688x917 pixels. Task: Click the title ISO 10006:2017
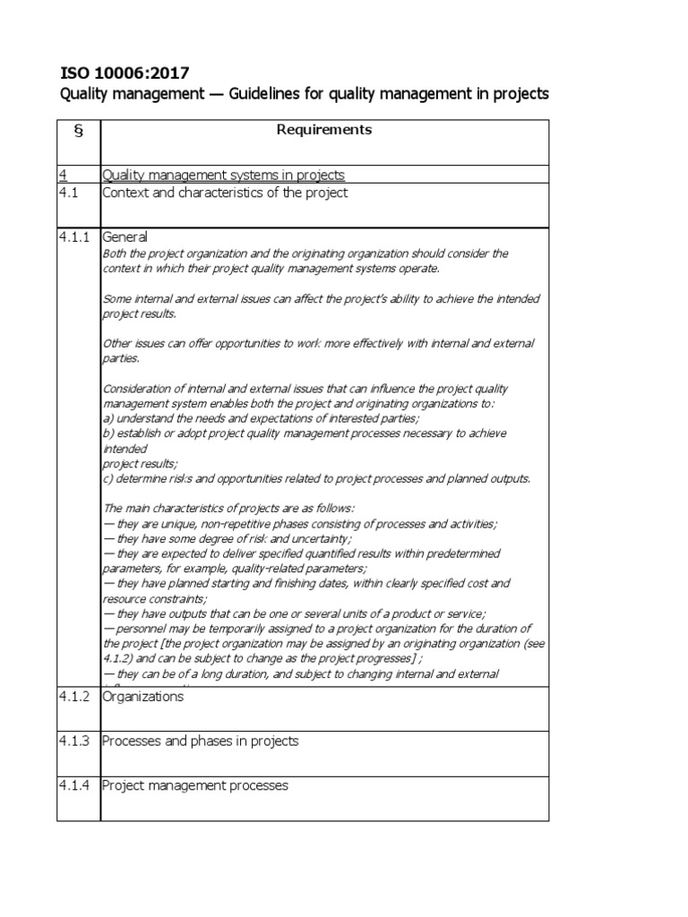pos(125,73)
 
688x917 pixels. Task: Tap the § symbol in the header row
pos(78,132)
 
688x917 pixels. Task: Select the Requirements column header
pos(323,130)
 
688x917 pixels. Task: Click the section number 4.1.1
pos(75,237)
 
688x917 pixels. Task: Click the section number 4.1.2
pos(75,697)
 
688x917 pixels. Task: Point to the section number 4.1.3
pos(75,741)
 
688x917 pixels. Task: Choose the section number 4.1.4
pos(75,786)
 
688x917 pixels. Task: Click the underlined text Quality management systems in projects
pos(223,175)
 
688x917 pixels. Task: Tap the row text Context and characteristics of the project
pos(225,193)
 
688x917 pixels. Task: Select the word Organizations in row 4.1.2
pos(142,697)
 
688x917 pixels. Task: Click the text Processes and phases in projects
pos(200,741)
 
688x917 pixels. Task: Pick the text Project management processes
pos(195,786)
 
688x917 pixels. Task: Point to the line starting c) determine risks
pos(316,478)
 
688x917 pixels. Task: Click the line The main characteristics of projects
pos(228,508)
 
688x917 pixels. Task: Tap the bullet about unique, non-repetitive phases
pos(300,523)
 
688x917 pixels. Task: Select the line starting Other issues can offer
pos(320,344)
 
